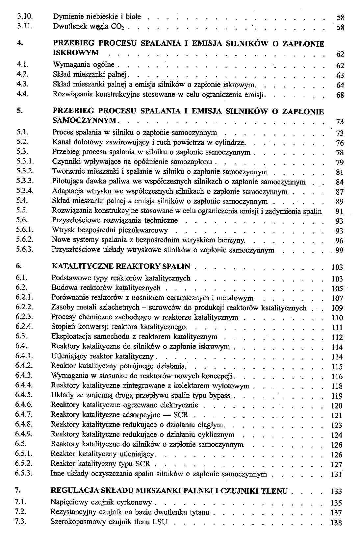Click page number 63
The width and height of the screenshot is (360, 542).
[x=340, y=76]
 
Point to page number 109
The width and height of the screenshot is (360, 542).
[x=337, y=308]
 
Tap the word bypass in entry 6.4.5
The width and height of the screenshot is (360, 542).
[x=220, y=395]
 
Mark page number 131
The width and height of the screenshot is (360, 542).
[x=337, y=475]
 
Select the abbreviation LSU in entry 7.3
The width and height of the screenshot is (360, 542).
[x=160, y=522]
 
